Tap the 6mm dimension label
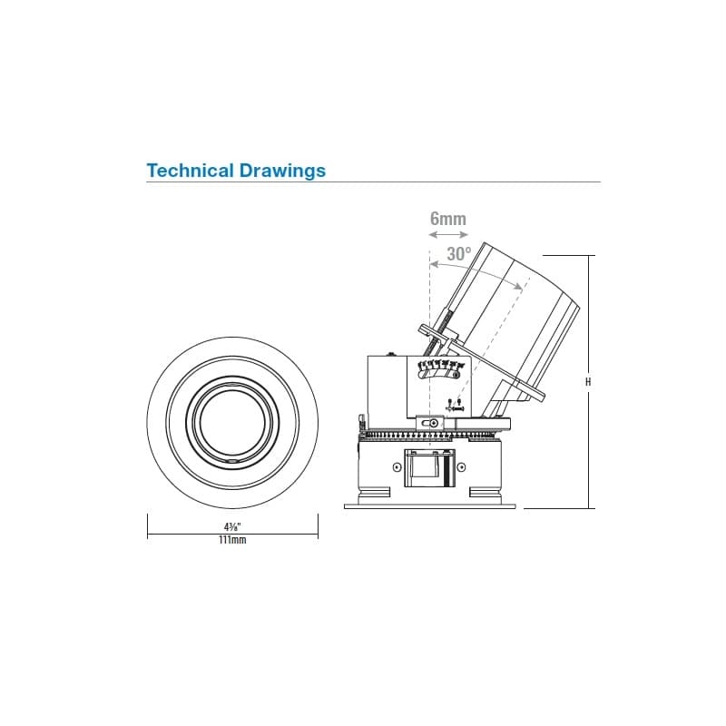point(447,219)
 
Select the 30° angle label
point(459,254)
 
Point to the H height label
point(588,382)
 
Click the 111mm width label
point(232,540)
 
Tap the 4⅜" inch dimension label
point(232,527)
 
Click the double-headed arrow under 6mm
point(448,235)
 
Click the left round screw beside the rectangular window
point(397,467)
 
